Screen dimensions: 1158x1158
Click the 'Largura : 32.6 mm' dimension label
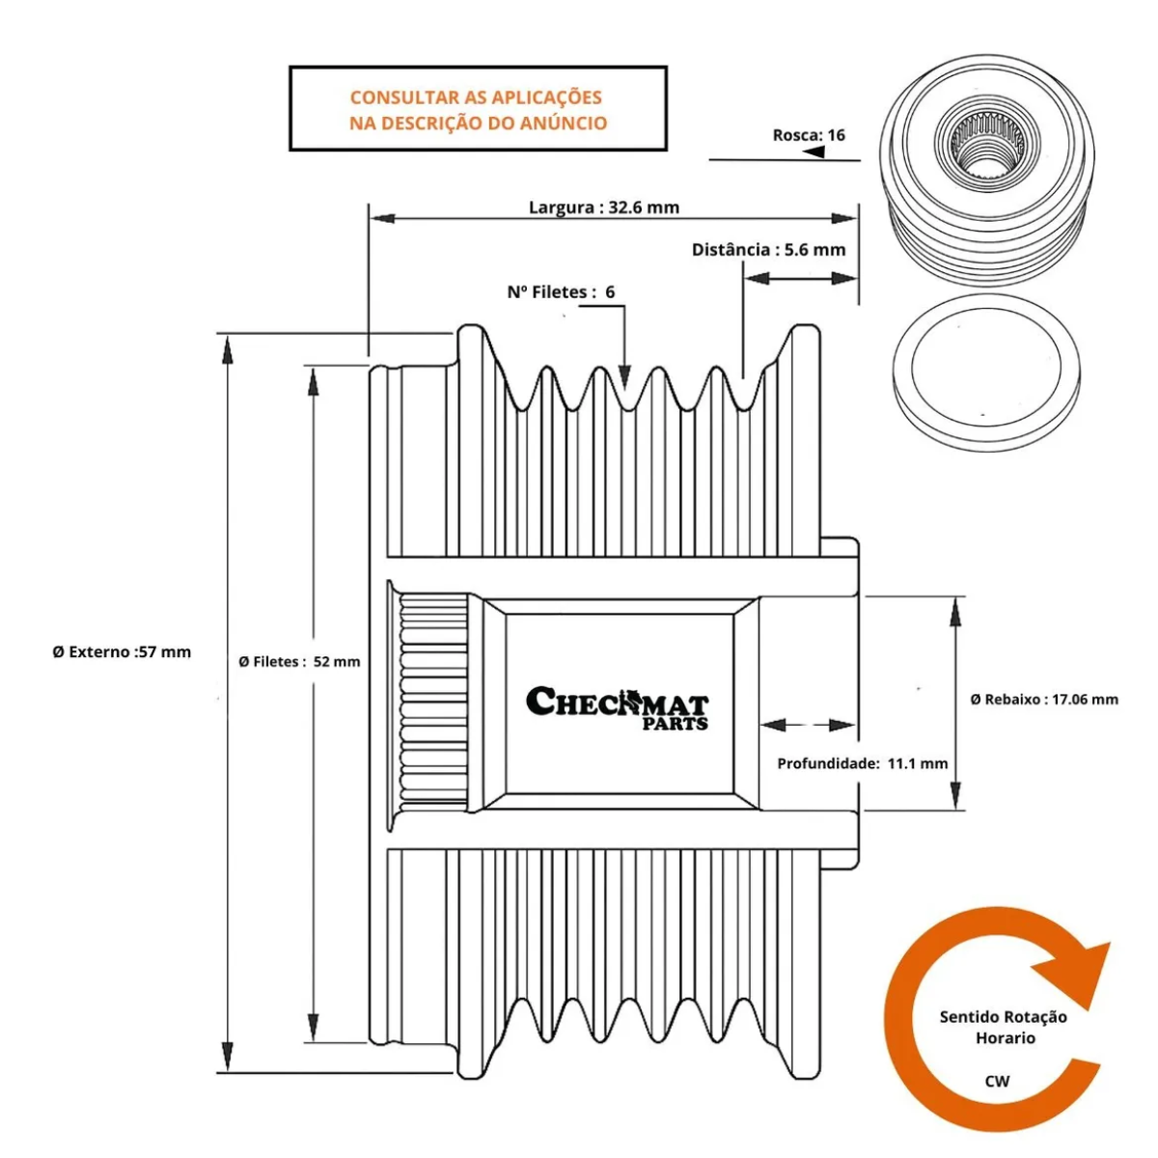(x=603, y=207)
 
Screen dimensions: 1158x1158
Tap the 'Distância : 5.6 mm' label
(x=768, y=250)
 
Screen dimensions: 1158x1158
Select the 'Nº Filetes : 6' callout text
(x=561, y=292)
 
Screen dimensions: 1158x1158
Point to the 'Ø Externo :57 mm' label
(x=122, y=652)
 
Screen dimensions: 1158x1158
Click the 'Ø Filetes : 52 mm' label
(x=299, y=662)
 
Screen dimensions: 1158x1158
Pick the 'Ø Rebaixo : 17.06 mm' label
(x=1044, y=700)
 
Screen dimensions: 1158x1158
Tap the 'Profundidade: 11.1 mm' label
(x=862, y=763)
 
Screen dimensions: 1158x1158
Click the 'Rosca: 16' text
(x=809, y=135)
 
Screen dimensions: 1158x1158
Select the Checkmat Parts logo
(x=618, y=707)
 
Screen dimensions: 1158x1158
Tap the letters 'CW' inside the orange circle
(x=997, y=1081)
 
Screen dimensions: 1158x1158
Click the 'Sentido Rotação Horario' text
(x=1004, y=1028)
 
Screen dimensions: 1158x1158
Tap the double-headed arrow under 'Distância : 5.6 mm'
(x=800, y=279)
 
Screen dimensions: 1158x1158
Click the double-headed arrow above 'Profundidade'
(x=808, y=725)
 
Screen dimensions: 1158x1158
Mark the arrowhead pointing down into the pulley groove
(x=625, y=377)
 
